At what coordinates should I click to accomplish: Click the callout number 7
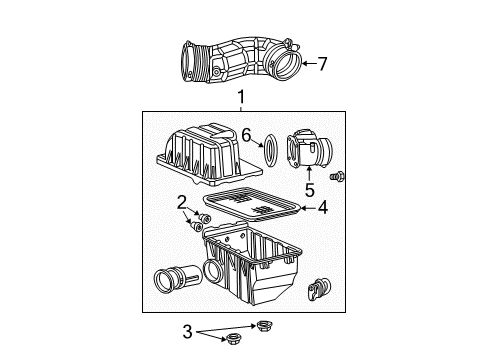(322, 64)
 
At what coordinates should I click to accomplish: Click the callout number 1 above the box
(241, 97)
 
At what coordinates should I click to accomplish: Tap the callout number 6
(246, 136)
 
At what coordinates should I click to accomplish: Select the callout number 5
(310, 190)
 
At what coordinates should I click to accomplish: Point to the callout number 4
(323, 208)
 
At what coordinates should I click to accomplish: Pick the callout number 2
(181, 203)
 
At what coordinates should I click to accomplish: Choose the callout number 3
(187, 332)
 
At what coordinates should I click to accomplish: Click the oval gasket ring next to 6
(270, 150)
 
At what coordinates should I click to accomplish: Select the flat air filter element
(252, 205)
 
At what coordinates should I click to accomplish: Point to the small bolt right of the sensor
(337, 176)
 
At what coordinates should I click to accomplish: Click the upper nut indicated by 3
(265, 324)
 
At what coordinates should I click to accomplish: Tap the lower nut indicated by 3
(233, 339)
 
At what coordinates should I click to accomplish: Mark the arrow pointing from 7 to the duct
(309, 63)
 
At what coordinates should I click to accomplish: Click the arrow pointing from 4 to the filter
(308, 208)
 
